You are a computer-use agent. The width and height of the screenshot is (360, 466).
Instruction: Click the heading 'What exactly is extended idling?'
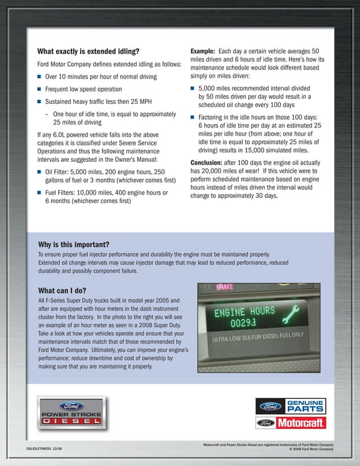(x=88, y=51)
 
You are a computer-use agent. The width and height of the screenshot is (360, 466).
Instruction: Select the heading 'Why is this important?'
(x=73, y=244)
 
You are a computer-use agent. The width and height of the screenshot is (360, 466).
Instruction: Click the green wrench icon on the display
(x=289, y=315)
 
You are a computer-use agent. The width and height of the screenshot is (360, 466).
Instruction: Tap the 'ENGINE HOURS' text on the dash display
(x=244, y=311)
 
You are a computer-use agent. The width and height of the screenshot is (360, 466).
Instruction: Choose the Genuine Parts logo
(x=290, y=406)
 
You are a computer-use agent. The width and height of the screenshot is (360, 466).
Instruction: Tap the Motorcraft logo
(x=290, y=423)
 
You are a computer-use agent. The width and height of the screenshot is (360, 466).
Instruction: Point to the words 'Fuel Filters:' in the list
(x=62, y=193)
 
